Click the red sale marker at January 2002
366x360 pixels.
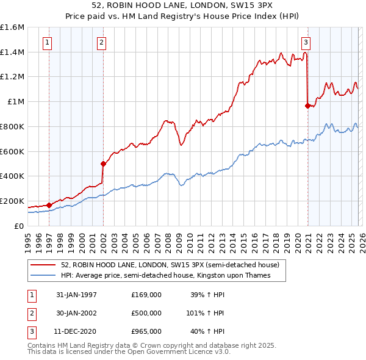click(x=103, y=164)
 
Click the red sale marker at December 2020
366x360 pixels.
click(x=307, y=106)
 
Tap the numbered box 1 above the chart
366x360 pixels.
click(x=48, y=42)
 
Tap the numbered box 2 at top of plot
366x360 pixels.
click(x=101, y=42)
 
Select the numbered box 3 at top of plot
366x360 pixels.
click(x=305, y=42)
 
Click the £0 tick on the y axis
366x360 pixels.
click(x=20, y=226)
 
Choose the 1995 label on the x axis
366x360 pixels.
click(x=28, y=239)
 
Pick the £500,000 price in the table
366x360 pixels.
click(x=146, y=313)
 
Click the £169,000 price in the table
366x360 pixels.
click(x=146, y=294)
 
